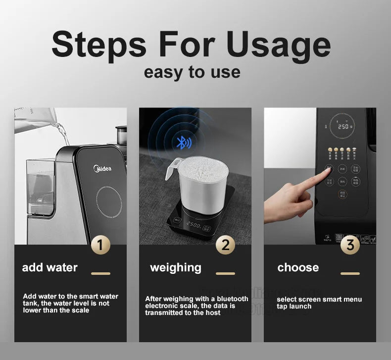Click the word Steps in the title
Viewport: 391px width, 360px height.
[99, 44]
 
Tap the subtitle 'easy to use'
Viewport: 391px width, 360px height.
[192, 72]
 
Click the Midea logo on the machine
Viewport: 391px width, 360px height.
[102, 168]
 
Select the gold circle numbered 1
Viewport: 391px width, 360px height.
[101, 245]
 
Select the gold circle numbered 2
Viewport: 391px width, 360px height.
[226, 245]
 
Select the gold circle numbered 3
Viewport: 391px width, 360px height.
[350, 245]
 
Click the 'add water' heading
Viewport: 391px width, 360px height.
[50, 268]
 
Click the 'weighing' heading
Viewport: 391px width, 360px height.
[176, 268]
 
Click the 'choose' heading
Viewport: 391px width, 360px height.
[298, 268]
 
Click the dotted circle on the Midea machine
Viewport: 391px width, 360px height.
[109, 202]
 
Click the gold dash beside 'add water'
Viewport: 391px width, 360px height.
[101, 273]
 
